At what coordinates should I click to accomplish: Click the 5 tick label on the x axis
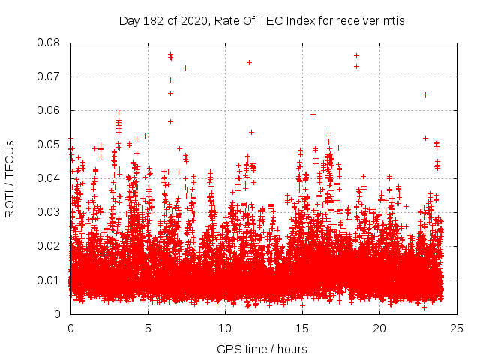pyautogui.click(x=148, y=328)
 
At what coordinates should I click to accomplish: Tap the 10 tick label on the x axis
pyautogui.click(x=225, y=328)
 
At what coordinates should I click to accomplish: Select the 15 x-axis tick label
pyautogui.click(x=302, y=328)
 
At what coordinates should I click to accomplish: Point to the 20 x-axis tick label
pyautogui.click(x=379, y=328)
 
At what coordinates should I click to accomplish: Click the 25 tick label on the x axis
pyautogui.click(x=457, y=328)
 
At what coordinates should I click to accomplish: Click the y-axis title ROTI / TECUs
pyautogui.click(x=10, y=178)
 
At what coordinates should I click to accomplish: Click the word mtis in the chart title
pyautogui.click(x=393, y=20)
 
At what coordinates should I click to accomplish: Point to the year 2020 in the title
pyautogui.click(x=190, y=20)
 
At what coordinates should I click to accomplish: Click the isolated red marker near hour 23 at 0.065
pyautogui.click(x=425, y=94)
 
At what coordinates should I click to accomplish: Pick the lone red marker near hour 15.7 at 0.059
pyautogui.click(x=313, y=115)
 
